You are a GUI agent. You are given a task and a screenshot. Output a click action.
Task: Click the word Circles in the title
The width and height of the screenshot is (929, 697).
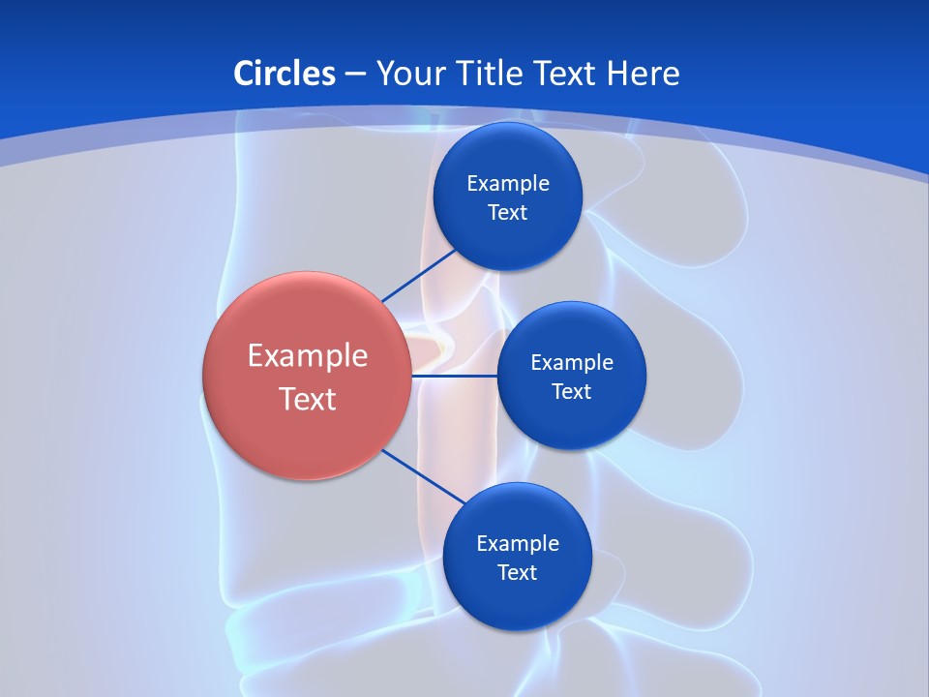(284, 73)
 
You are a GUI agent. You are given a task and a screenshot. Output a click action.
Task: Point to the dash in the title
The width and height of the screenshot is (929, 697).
(355, 74)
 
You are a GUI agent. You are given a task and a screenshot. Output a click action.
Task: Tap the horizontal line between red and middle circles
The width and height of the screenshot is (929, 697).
(454, 376)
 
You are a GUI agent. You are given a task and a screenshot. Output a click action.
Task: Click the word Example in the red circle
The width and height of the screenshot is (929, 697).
(307, 355)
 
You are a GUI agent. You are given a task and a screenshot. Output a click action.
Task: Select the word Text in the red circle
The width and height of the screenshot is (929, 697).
(307, 399)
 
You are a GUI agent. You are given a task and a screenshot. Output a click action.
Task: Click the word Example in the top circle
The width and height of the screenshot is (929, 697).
(507, 183)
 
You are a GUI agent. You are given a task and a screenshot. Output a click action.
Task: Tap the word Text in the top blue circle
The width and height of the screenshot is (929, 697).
(507, 212)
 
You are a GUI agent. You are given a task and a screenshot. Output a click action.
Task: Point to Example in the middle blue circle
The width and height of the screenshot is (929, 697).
(571, 362)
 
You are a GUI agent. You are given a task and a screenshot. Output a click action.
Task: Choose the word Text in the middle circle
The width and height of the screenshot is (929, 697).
(571, 391)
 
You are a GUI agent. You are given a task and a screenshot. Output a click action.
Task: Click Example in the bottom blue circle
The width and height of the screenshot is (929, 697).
(517, 543)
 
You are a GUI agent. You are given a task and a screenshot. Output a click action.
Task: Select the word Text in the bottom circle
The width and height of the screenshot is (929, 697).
(517, 572)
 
